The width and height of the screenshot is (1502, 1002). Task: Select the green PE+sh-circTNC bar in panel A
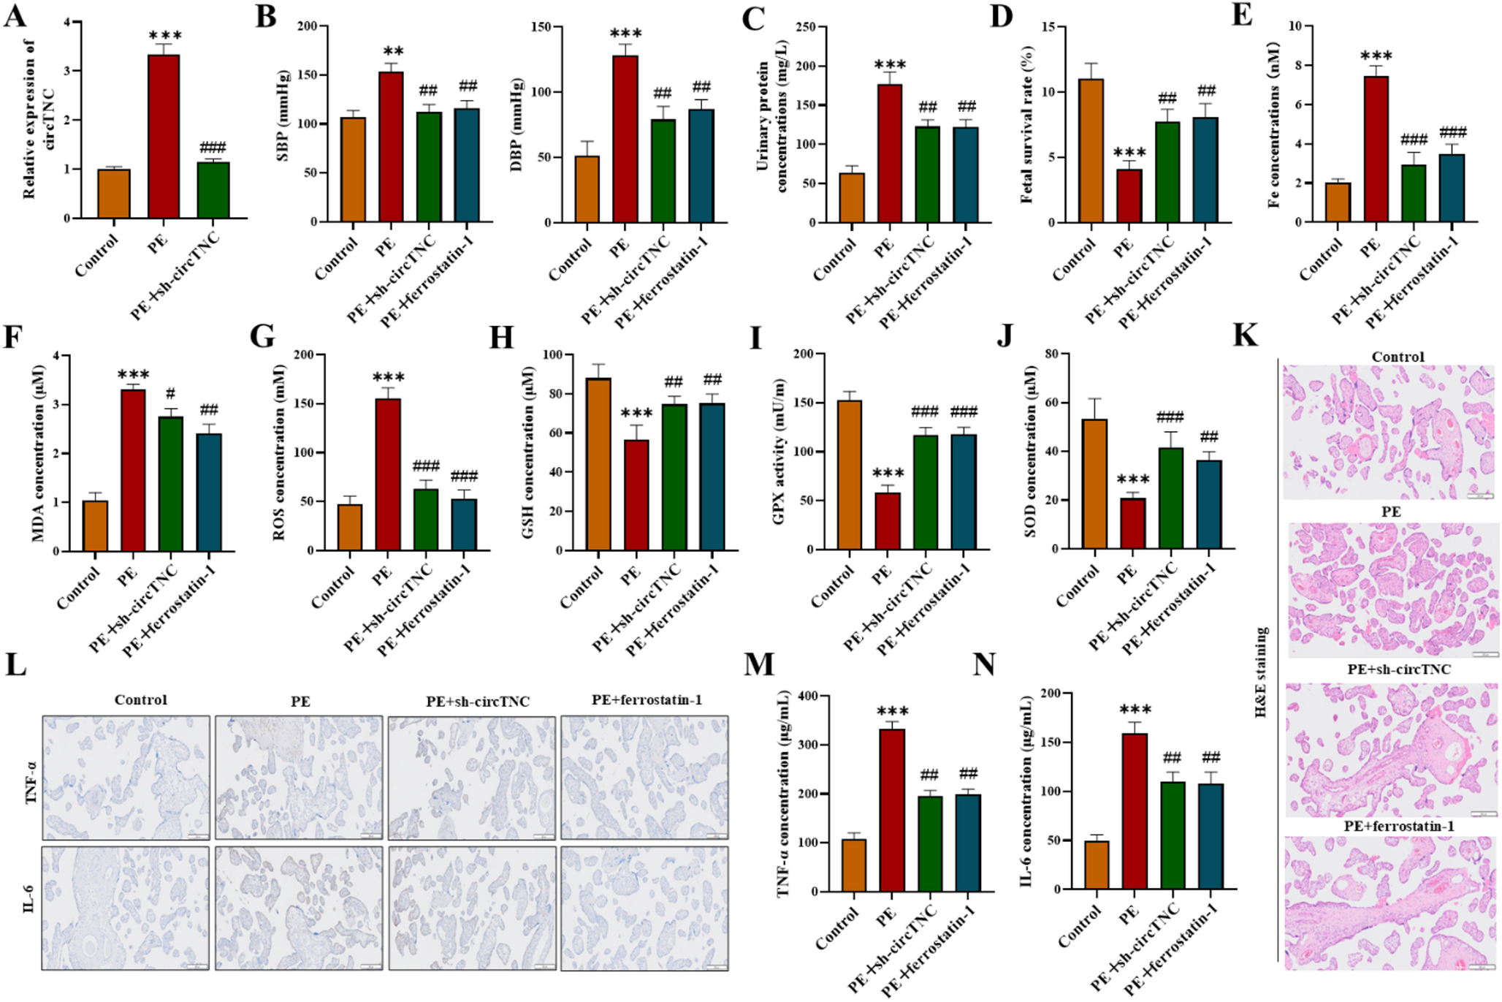pyautogui.click(x=213, y=190)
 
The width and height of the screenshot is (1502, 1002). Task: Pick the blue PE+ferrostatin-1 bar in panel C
pyautogui.click(x=965, y=175)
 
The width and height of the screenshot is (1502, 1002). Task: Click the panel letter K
pyautogui.click(x=1245, y=335)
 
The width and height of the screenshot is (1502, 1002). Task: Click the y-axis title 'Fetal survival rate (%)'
pyautogui.click(x=1027, y=124)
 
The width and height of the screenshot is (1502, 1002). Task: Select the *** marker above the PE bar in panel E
pyautogui.click(x=1376, y=56)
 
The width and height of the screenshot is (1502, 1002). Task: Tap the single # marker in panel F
pyautogui.click(x=170, y=394)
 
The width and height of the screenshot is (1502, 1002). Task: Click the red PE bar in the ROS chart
pyautogui.click(x=388, y=474)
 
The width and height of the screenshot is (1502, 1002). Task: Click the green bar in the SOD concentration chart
pyautogui.click(x=1170, y=498)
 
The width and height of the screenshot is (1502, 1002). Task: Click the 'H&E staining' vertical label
pyautogui.click(x=1260, y=672)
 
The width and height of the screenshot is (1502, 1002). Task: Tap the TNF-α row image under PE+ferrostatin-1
pyautogui.click(x=644, y=778)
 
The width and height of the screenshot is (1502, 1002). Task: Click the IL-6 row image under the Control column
pyautogui.click(x=126, y=908)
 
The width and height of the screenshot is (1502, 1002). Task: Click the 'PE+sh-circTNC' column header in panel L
pyautogui.click(x=477, y=702)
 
